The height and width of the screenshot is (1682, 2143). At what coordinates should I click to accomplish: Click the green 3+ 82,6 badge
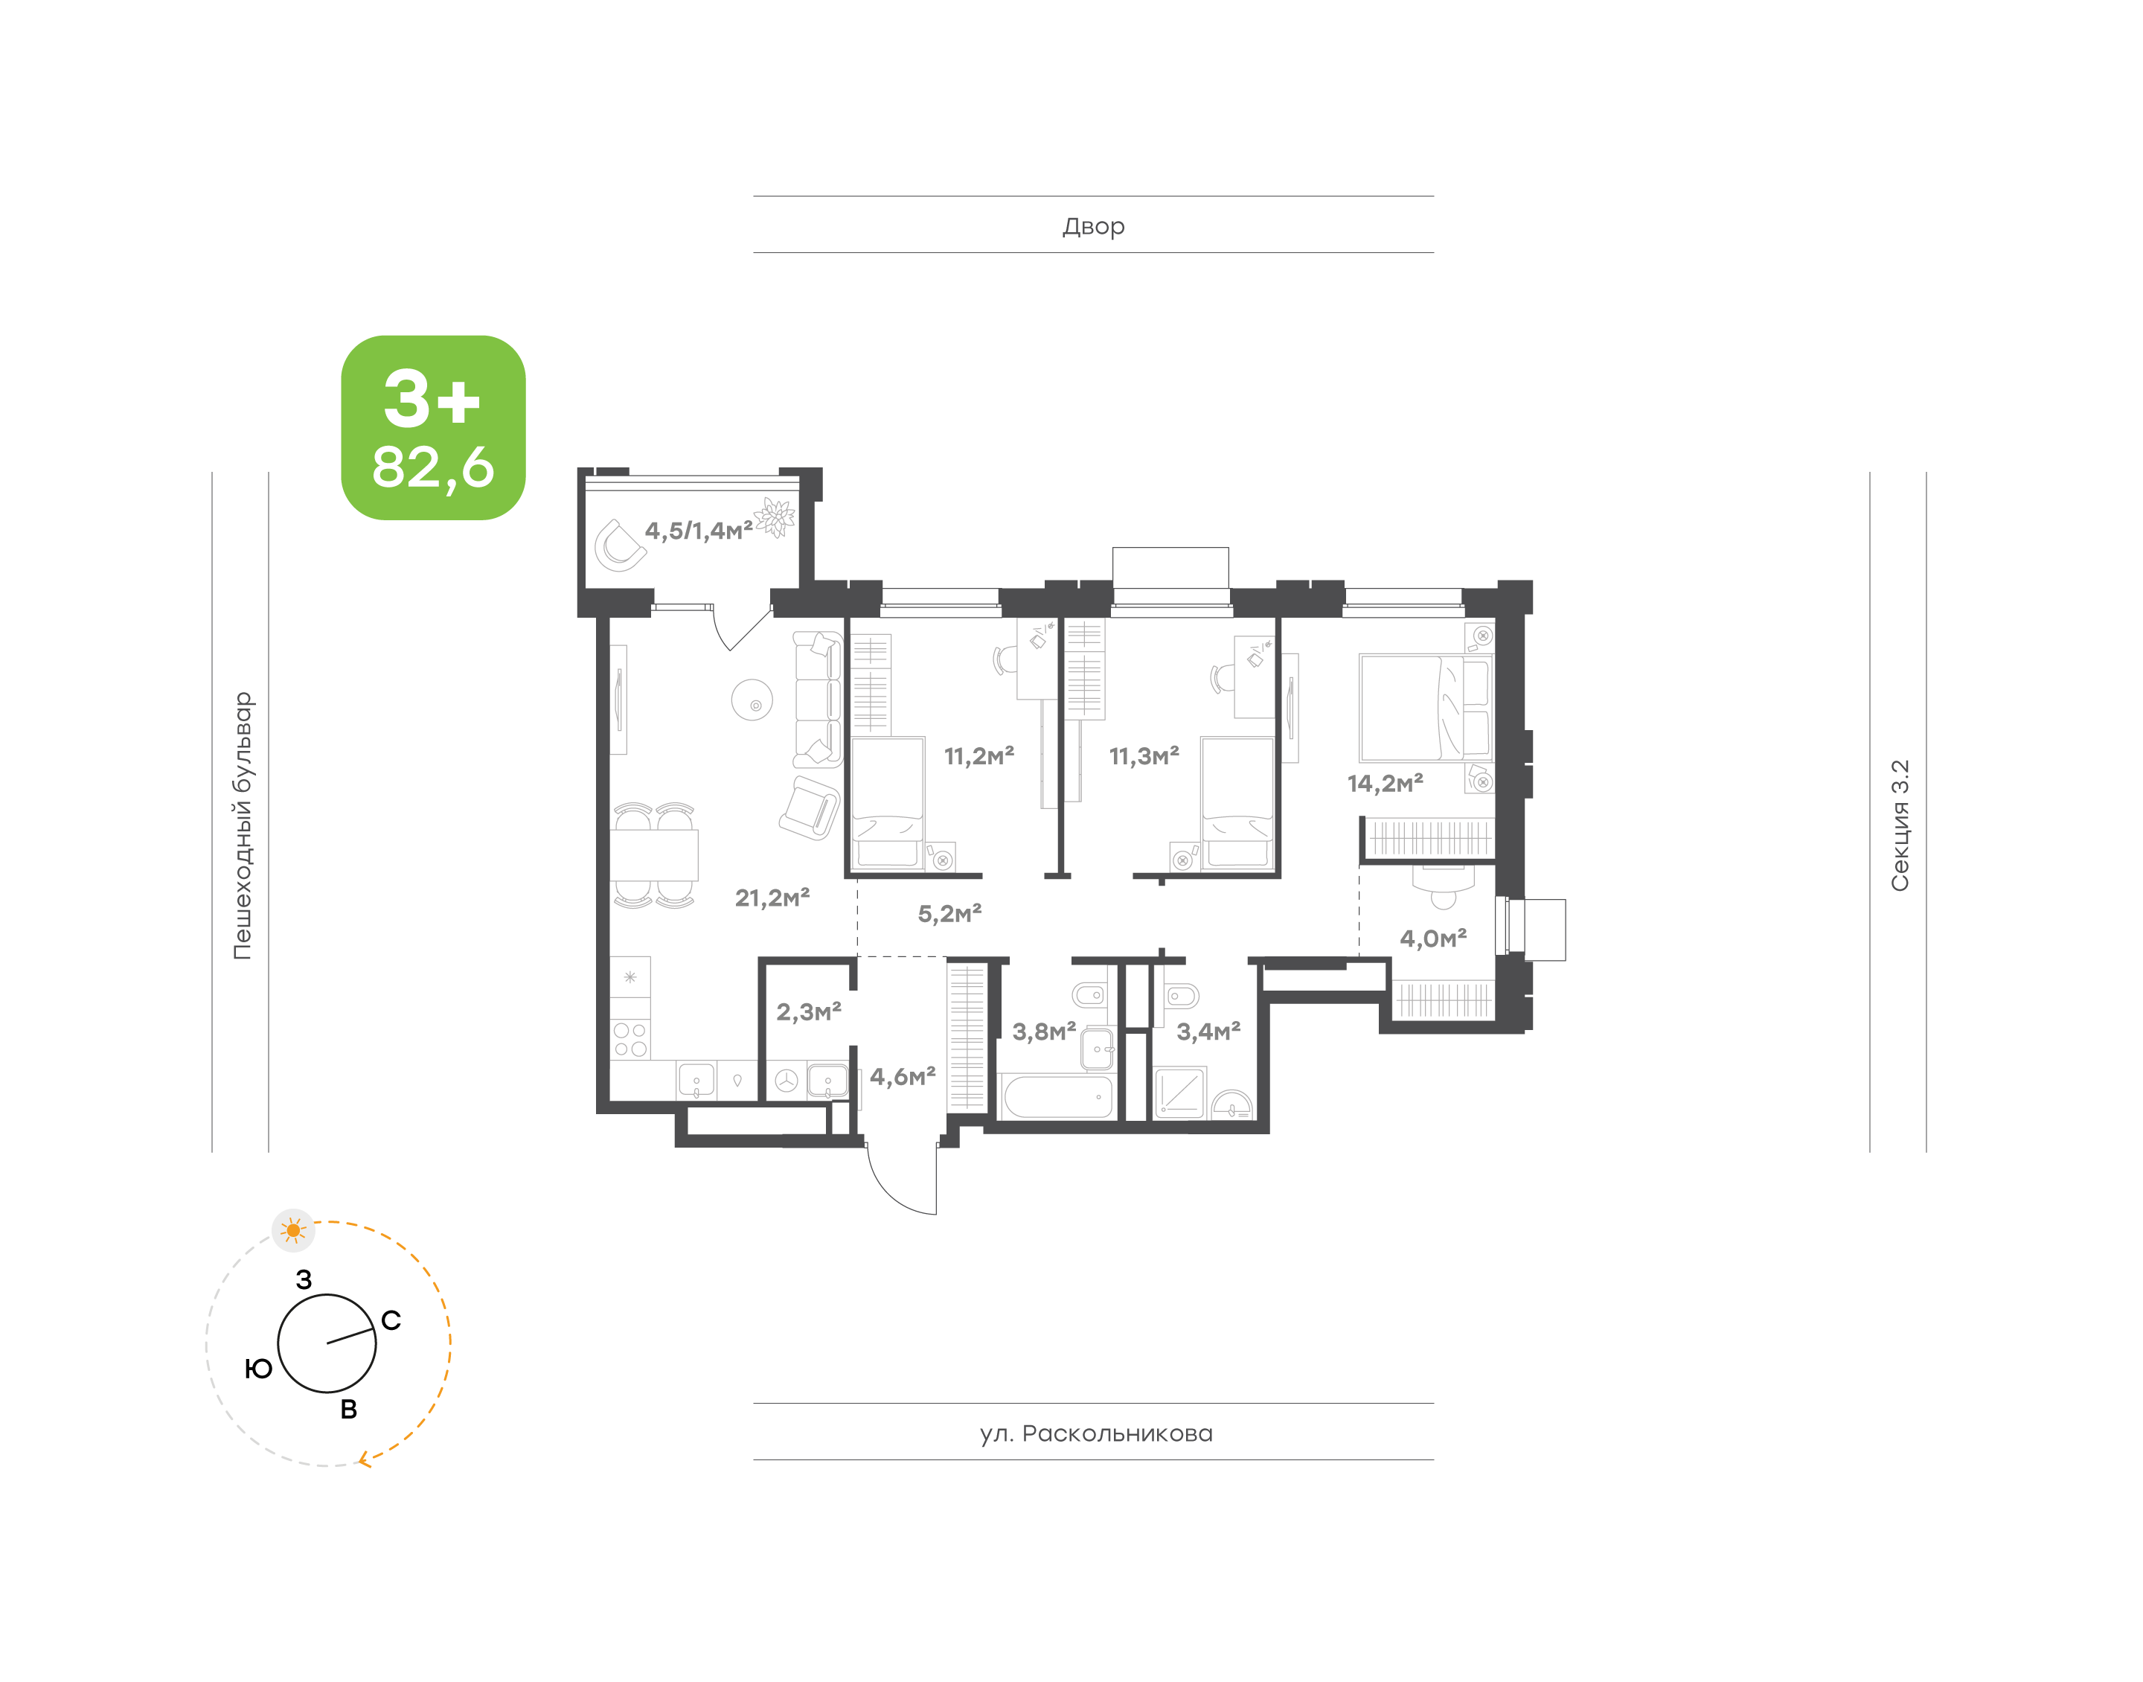[433, 426]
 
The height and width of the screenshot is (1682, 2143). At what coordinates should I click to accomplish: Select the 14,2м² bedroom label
[1384, 783]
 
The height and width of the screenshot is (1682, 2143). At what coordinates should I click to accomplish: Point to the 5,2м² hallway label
[949, 914]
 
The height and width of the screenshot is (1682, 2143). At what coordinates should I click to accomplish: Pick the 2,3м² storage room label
[808, 1011]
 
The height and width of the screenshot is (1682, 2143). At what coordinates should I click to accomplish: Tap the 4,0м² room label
[1432, 938]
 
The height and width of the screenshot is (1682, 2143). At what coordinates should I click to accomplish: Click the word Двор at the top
[1092, 226]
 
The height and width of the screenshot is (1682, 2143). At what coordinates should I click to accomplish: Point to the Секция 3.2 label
[1899, 825]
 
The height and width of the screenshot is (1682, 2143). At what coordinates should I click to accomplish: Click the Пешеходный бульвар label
[242, 825]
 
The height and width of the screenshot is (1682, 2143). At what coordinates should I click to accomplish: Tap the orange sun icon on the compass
[293, 1230]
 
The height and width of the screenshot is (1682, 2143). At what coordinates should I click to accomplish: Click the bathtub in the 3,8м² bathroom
[1056, 1096]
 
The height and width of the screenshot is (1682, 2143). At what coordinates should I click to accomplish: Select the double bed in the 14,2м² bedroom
[1423, 708]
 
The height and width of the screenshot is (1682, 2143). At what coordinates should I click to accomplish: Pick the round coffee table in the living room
[752, 700]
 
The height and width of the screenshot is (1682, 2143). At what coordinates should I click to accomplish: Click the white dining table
[653, 855]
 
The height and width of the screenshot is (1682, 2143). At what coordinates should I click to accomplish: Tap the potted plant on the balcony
[775, 518]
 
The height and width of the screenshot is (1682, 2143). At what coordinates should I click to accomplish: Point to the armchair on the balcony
[619, 546]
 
